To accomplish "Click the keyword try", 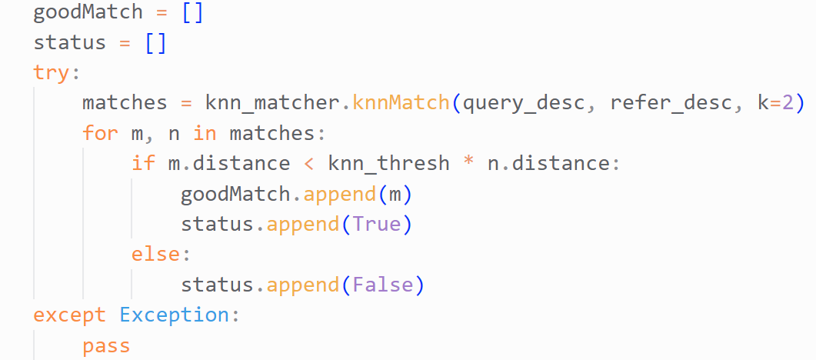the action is click(51, 73).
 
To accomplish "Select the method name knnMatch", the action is click(401, 102).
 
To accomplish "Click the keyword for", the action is click(101, 133).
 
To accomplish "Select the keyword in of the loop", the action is click(205, 133).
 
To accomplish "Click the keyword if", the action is click(143, 163).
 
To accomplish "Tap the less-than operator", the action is click(309, 164).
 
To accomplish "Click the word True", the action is click(377, 224).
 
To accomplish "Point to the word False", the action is click(383, 285).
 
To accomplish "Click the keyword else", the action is click(155, 255).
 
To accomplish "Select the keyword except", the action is click(70, 316).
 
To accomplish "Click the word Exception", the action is click(174, 316).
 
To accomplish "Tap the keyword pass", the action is click(106, 346).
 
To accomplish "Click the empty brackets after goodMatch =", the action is click(192, 12).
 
